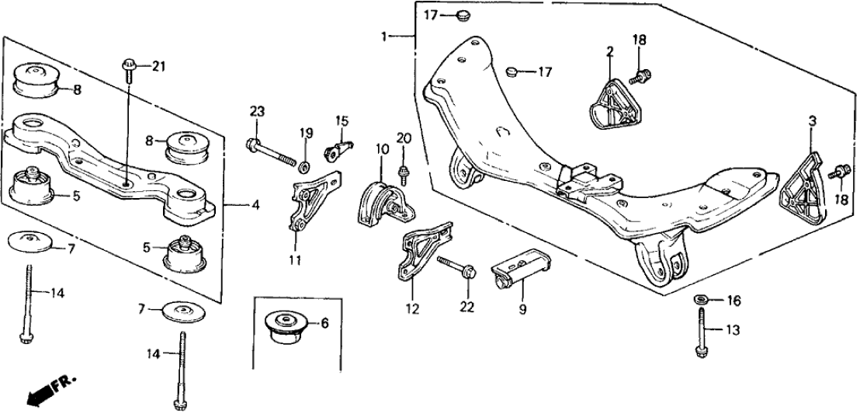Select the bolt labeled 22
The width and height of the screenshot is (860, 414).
pyautogui.click(x=456, y=266)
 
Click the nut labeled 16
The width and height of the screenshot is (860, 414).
pyautogui.click(x=699, y=300)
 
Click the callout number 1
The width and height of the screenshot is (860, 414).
pyautogui.click(x=384, y=36)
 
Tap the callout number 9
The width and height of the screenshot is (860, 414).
pyautogui.click(x=522, y=309)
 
